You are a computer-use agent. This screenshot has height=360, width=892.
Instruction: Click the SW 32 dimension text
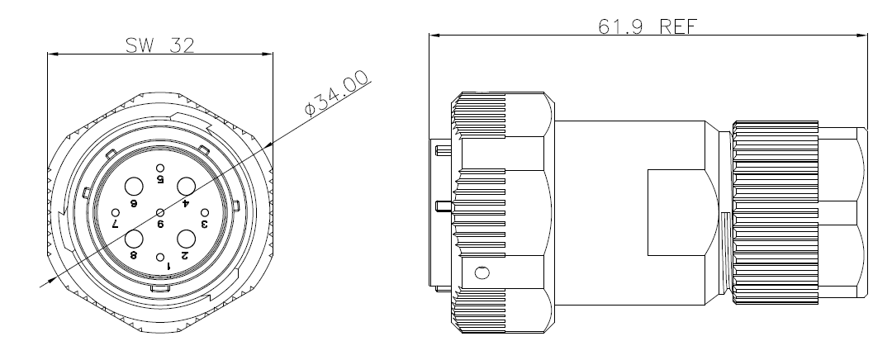click(160, 45)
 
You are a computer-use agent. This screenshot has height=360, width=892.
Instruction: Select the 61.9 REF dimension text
click(648, 26)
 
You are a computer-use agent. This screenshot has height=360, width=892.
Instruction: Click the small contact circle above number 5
click(160, 168)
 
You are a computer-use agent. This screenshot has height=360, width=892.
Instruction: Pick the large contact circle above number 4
click(186, 187)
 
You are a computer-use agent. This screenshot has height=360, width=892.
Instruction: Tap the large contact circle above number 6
click(135, 187)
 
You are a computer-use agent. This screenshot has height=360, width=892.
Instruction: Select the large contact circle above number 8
click(135, 239)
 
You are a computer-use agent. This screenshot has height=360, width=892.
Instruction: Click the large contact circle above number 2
click(186, 239)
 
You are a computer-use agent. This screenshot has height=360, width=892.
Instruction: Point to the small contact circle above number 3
click(205, 213)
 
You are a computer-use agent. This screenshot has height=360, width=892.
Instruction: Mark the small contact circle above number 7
click(116, 213)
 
